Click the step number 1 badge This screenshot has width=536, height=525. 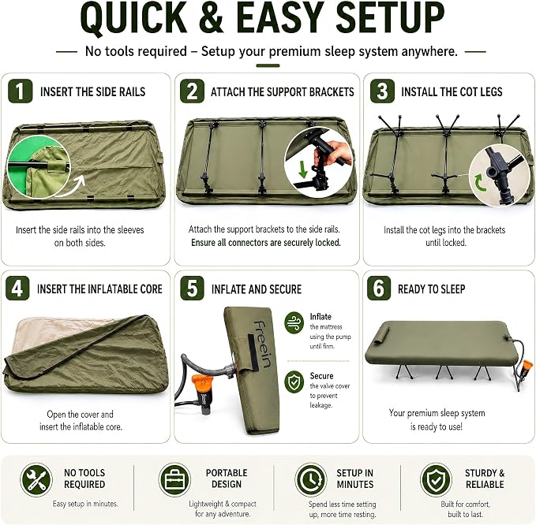[21, 91]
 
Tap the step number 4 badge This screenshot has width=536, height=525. [17, 288]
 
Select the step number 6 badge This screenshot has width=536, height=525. [379, 288]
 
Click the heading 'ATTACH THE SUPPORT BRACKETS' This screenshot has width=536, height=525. [283, 91]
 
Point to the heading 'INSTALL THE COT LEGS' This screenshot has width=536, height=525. [452, 91]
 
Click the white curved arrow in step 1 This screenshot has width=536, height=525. [72, 186]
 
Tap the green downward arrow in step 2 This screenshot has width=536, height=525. [303, 169]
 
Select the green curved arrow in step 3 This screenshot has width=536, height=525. [481, 183]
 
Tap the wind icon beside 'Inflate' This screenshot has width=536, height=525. [294, 322]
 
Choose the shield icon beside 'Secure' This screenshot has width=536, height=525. [294, 382]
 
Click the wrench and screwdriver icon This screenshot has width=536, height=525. [36, 479]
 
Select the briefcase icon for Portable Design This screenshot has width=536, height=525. [174, 479]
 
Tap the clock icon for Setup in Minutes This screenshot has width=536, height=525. [311, 479]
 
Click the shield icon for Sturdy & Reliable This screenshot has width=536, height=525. [436, 479]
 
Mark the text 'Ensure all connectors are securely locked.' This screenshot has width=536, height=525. [266, 242]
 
